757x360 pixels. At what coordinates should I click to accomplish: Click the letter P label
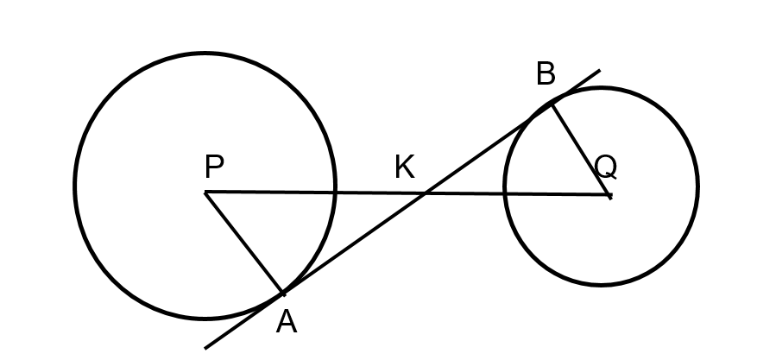click(x=214, y=167)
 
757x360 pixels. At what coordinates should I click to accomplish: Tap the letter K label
click(x=405, y=167)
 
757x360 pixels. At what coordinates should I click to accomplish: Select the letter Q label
click(x=606, y=167)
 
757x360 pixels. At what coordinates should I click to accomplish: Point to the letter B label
click(x=546, y=74)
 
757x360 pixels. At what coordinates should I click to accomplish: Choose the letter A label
click(x=287, y=322)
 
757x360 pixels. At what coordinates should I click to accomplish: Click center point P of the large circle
click(x=205, y=193)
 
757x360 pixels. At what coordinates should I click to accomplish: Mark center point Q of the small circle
click(x=610, y=195)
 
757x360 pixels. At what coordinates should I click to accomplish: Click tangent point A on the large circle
click(x=283, y=293)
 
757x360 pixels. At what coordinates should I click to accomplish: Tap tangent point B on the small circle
click(x=552, y=104)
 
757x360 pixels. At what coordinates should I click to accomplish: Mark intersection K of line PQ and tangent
click(x=425, y=193)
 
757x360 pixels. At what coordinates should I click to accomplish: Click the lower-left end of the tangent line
click(x=205, y=348)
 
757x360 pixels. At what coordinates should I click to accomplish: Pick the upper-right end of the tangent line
click(x=600, y=71)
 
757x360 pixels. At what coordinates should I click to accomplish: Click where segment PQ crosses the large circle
click(x=335, y=193)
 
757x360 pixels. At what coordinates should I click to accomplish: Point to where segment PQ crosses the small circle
click(x=505, y=194)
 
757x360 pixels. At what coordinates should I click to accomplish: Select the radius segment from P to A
click(x=244, y=243)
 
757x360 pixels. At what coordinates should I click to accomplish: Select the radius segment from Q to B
click(x=581, y=149)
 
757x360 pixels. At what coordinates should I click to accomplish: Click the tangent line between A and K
click(x=354, y=243)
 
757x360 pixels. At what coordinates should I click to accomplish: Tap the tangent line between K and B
click(x=488, y=149)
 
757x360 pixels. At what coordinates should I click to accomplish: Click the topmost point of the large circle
click(x=205, y=53)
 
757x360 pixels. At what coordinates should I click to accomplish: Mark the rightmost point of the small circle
click(x=697, y=186)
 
